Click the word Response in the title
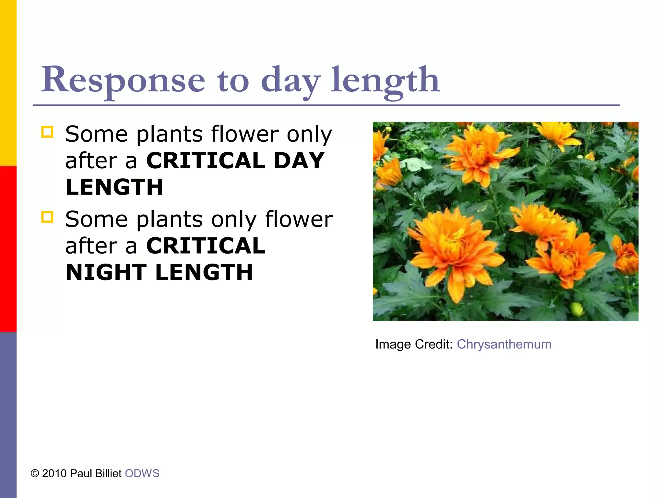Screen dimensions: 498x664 click(123, 79)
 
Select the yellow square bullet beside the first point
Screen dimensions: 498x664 click(47, 132)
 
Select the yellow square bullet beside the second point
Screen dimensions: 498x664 click(47, 217)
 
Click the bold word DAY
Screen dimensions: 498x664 click(299, 160)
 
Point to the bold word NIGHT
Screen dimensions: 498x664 click(106, 272)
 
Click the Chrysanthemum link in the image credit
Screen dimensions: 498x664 click(504, 344)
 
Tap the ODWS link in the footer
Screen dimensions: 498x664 click(142, 473)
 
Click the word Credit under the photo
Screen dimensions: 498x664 click(433, 344)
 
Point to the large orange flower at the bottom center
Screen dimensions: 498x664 click(454, 250)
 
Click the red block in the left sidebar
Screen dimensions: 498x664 click(8, 249)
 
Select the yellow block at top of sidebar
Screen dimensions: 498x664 click(8, 83)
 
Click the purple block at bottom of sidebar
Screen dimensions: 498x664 click(8, 415)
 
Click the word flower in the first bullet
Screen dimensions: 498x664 click(245, 134)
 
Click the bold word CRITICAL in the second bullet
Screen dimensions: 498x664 click(206, 246)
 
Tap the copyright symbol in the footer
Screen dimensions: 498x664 click(35, 473)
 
